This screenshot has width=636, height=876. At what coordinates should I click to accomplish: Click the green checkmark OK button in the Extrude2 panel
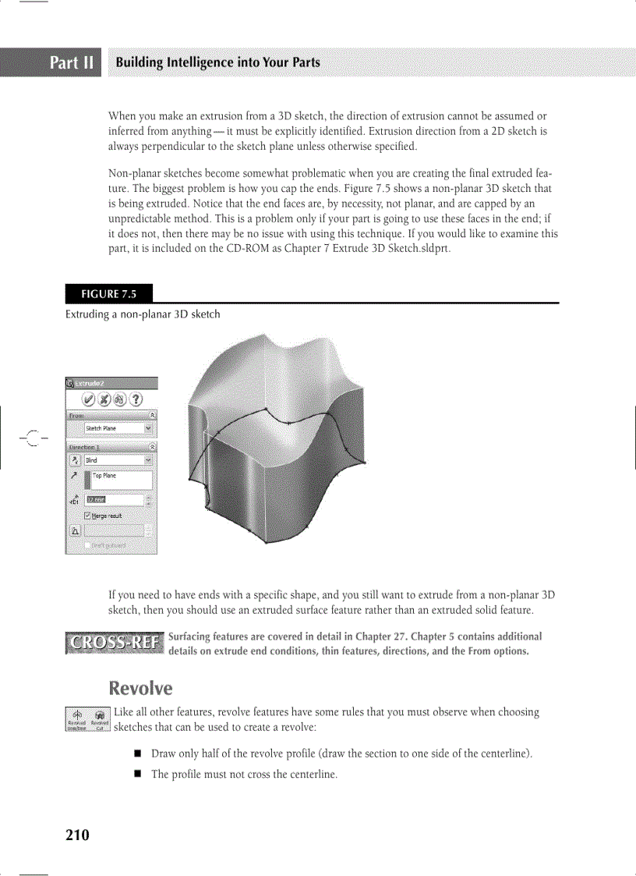click(89, 400)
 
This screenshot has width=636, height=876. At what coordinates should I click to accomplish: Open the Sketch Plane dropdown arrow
click(148, 428)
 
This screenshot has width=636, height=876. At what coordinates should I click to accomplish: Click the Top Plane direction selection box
click(121, 479)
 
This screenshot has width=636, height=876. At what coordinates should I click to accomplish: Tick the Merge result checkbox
click(88, 516)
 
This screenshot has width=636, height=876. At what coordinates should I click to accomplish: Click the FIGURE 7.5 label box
click(109, 294)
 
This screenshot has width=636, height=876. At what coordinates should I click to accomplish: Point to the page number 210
click(77, 835)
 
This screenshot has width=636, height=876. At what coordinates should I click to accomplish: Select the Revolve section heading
click(140, 688)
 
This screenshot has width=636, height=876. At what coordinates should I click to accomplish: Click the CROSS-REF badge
click(115, 644)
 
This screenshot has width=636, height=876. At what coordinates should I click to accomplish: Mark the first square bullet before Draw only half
click(136, 754)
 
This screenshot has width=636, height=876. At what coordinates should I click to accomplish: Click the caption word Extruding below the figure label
click(89, 314)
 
